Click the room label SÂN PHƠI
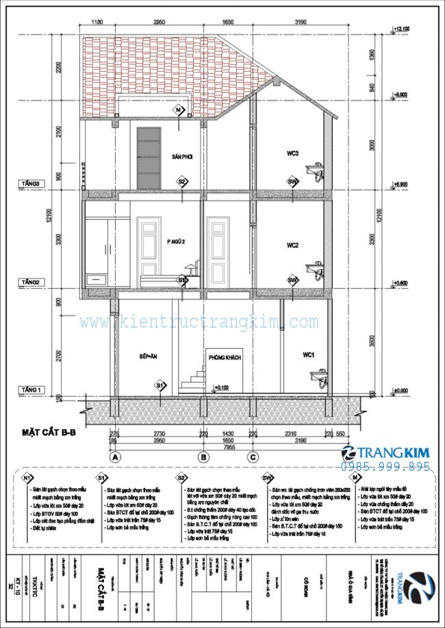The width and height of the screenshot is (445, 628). [182, 157]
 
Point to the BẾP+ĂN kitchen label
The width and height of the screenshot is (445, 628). [149, 358]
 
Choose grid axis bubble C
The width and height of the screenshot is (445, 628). [253, 456]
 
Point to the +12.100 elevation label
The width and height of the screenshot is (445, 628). [401, 29]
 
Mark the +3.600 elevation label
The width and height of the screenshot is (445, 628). [400, 282]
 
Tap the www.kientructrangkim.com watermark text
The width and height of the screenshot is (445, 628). [199, 322]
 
